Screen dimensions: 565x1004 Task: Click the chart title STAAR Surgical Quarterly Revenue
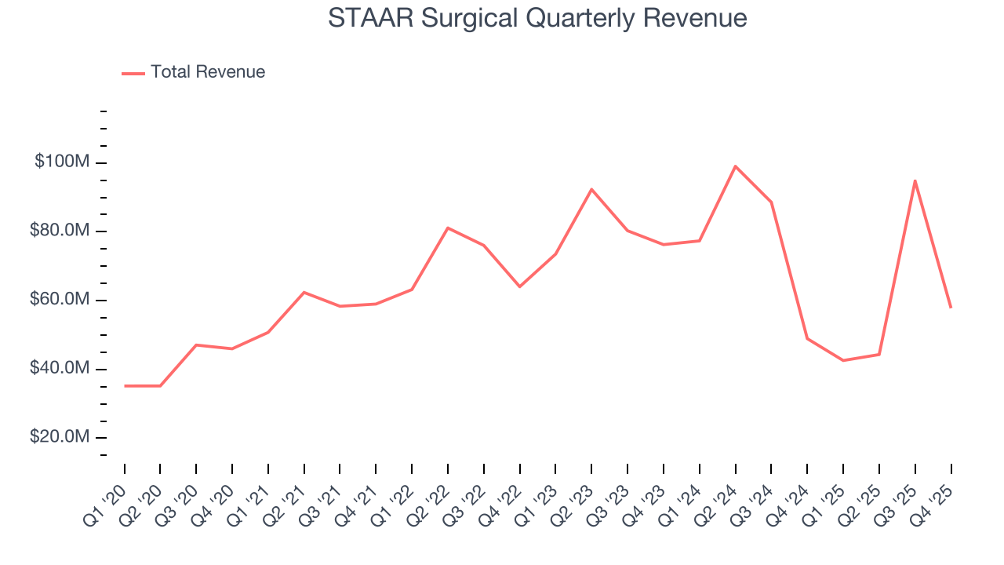[537, 18]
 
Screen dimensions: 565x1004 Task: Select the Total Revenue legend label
[208, 72]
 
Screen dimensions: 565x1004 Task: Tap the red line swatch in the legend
[133, 73]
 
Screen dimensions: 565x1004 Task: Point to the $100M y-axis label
[61, 162]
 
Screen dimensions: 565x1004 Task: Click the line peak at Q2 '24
[735, 166]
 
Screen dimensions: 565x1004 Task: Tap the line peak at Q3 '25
[915, 180]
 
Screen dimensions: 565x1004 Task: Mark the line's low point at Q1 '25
[843, 360]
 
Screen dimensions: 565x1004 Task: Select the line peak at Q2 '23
[591, 189]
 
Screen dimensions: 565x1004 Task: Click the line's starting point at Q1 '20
[125, 386]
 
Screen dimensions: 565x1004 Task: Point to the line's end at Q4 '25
[951, 307]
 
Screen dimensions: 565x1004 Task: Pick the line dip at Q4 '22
[519, 286]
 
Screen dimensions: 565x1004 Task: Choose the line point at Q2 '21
[304, 292]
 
